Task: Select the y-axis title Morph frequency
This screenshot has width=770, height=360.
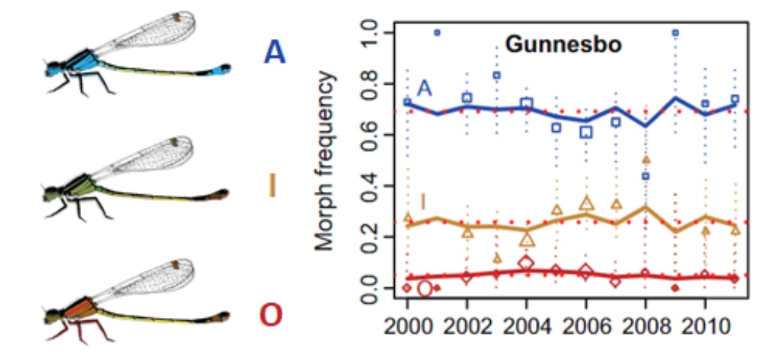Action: tap(323, 162)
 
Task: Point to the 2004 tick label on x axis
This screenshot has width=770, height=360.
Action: tap(526, 328)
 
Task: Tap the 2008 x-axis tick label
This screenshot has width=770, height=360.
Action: tap(645, 328)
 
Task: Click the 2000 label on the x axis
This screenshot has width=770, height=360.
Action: tap(408, 328)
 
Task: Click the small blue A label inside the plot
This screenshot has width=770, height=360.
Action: tap(425, 88)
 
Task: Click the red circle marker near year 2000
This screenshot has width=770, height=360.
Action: tap(424, 288)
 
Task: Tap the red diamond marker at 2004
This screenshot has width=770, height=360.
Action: tap(526, 262)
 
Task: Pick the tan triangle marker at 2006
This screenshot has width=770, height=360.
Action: tap(586, 202)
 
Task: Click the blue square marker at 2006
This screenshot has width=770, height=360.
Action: tap(586, 132)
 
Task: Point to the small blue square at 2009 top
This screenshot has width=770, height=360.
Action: tap(675, 33)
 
